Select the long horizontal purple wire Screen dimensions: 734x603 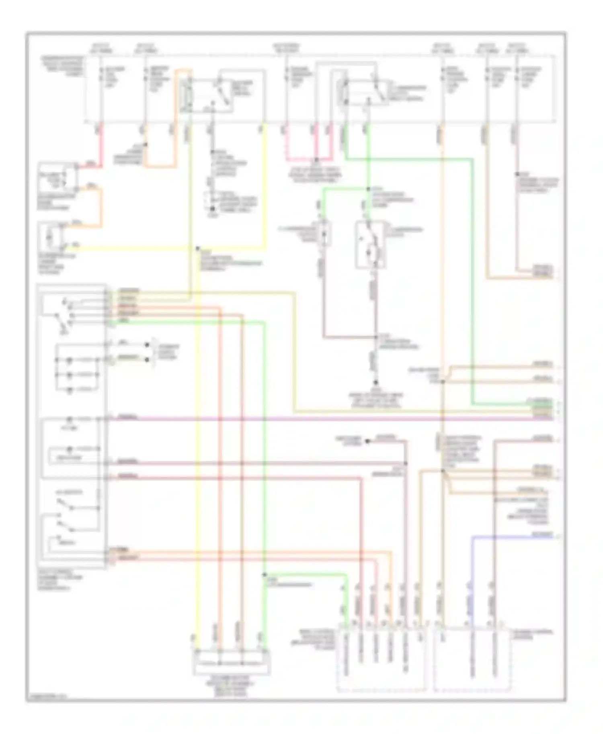coord(322,418)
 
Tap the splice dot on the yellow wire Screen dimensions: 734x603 coord(197,249)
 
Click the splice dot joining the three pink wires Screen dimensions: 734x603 coord(316,159)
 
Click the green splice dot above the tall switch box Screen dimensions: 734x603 coord(368,189)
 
